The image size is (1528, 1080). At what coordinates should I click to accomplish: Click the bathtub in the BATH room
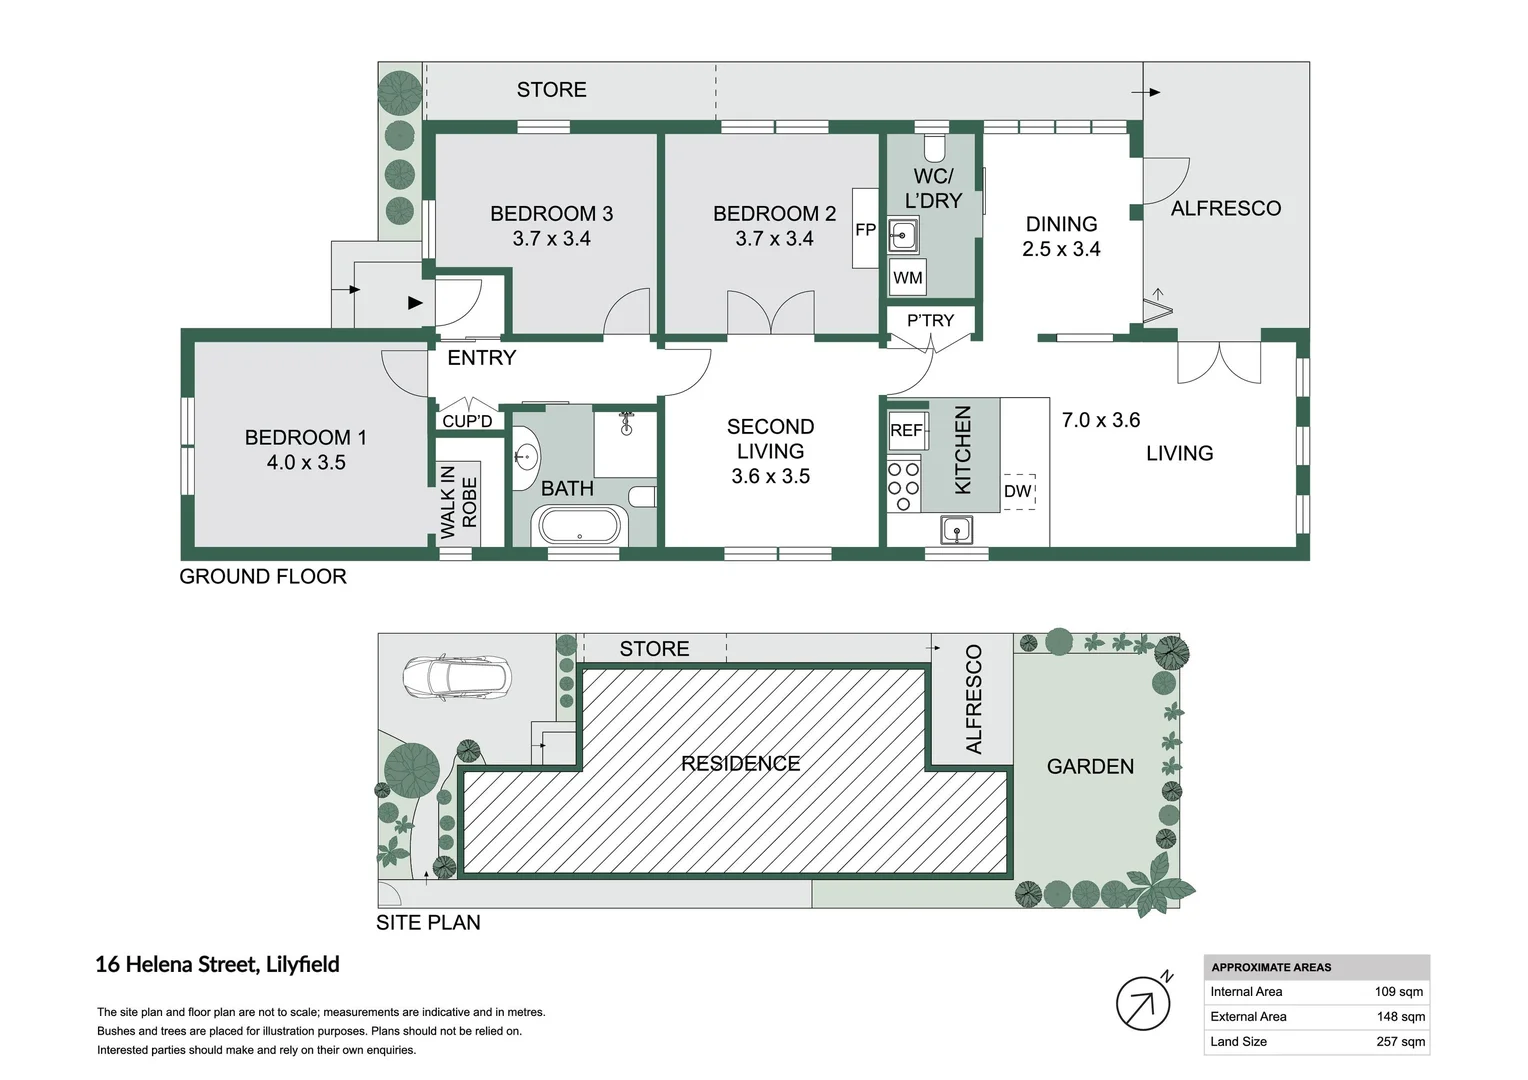pyautogui.click(x=580, y=526)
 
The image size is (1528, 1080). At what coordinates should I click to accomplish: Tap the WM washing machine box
pyautogui.click(x=907, y=277)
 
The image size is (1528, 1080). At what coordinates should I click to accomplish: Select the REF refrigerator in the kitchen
pyautogui.click(x=907, y=430)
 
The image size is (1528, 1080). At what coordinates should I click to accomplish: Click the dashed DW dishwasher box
pyautogui.click(x=1018, y=491)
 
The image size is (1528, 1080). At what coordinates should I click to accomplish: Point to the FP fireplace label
pyautogui.click(x=865, y=230)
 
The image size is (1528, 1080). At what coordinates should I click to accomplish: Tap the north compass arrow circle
pyautogui.click(x=1143, y=1004)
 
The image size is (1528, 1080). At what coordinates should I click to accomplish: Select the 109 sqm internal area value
pyautogui.click(x=1399, y=992)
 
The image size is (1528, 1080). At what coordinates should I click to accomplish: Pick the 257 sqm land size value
pyautogui.click(x=1400, y=1042)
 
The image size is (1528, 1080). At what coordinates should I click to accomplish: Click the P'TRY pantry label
pyautogui.click(x=930, y=320)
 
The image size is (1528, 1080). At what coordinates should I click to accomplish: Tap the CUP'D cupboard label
pyautogui.click(x=467, y=421)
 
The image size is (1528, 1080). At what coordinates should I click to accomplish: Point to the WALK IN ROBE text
pyautogui.click(x=458, y=502)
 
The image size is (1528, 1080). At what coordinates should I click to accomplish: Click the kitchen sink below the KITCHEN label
pyautogui.click(x=956, y=530)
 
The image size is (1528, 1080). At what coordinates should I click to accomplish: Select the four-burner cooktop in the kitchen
pyautogui.click(x=904, y=486)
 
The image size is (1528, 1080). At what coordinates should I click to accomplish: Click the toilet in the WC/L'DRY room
pyautogui.click(x=933, y=147)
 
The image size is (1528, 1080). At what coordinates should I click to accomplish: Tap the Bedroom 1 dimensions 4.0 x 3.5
pyautogui.click(x=306, y=463)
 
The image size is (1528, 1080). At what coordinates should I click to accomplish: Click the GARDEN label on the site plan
pyautogui.click(x=1090, y=767)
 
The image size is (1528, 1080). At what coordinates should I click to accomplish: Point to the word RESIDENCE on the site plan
pyautogui.click(x=741, y=763)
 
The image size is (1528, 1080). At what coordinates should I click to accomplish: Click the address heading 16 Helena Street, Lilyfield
pyautogui.click(x=218, y=965)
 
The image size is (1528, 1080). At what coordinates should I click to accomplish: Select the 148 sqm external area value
pyautogui.click(x=1401, y=1017)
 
